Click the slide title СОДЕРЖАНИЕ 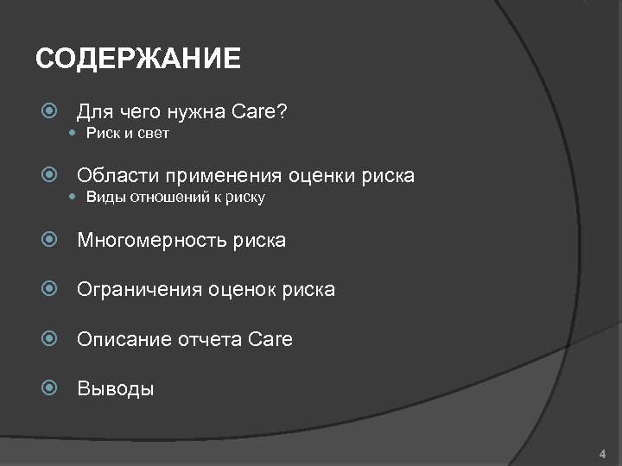coord(138,60)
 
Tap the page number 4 coord(602,454)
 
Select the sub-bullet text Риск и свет coord(127,134)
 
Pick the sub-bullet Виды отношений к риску coord(175,198)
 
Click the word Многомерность coord(152,241)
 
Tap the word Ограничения coord(139,290)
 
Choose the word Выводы coord(116,389)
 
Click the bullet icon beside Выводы coord(50,389)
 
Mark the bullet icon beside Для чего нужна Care coord(50,112)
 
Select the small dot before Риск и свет coord(73,134)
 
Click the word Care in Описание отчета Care coord(270,340)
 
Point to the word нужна coord(200,112)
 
